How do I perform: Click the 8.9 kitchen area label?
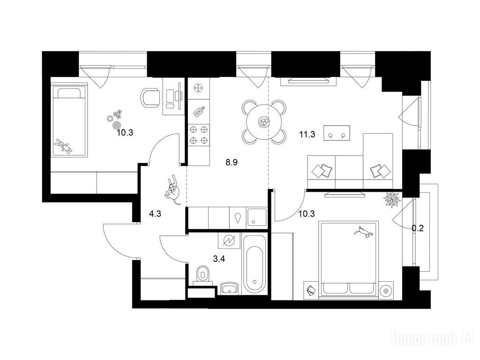pyautogui.click(x=232, y=162)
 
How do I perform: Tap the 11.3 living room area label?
pyautogui.click(x=307, y=135)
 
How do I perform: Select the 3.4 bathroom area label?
pyautogui.click(x=219, y=259)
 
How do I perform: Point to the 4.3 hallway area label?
pyautogui.click(x=155, y=214)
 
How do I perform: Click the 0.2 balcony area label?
pyautogui.click(x=418, y=228)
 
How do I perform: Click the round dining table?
pyautogui.click(x=264, y=122)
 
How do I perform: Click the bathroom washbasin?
pyautogui.click(x=229, y=288)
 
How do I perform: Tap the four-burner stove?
pyautogui.click(x=198, y=135)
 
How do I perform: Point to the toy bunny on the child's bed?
pyautogui.click(x=63, y=146)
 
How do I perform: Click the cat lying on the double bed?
pyautogui.click(x=363, y=232)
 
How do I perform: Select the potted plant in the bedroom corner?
pyautogui.click(x=392, y=200)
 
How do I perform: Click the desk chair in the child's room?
pyautogui.click(x=150, y=98)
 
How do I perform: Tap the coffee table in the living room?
pyautogui.click(x=337, y=133)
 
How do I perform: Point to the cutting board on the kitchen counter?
pyautogui.click(x=199, y=112)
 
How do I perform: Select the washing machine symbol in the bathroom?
pyautogui.click(x=229, y=240)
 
